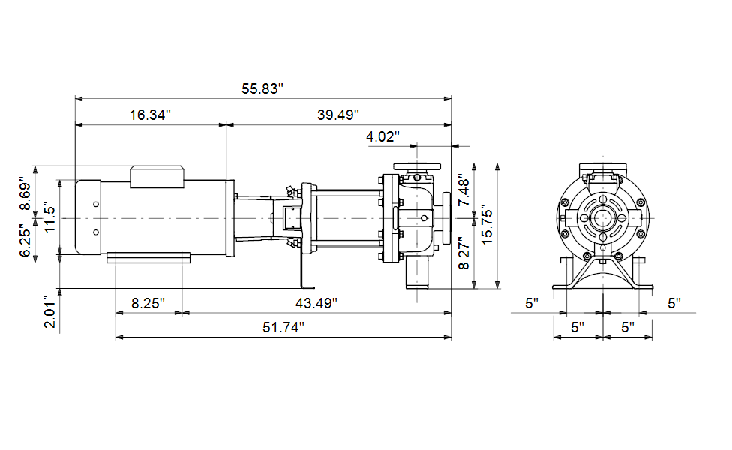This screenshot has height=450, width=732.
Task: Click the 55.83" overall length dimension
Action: pyautogui.click(x=262, y=88)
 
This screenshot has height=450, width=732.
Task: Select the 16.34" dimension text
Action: pyautogui.click(x=150, y=115)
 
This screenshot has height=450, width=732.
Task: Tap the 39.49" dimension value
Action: pyautogui.click(x=338, y=115)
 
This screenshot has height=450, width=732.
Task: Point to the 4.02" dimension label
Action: pyautogui.click(x=382, y=136)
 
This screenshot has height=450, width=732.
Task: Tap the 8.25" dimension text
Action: pyautogui.click(x=148, y=304)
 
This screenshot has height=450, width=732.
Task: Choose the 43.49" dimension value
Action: pyautogui.click(x=316, y=304)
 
